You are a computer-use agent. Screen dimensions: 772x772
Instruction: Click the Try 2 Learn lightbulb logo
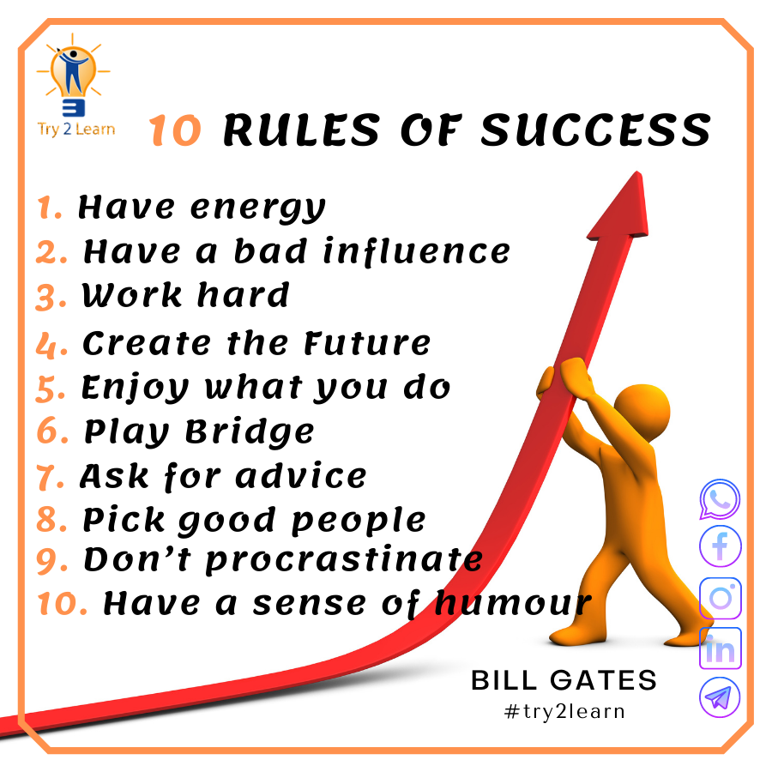pyautogui.click(x=75, y=81)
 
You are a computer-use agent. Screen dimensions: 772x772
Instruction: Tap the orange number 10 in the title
pyautogui.click(x=176, y=131)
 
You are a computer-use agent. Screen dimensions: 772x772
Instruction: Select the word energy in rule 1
pyautogui.click(x=257, y=208)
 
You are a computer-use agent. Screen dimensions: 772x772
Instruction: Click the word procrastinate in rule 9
pyautogui.click(x=344, y=560)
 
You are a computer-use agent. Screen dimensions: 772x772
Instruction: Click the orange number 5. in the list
pyautogui.click(x=50, y=389)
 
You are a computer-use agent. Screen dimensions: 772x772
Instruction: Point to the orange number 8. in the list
pyautogui.click(x=51, y=521)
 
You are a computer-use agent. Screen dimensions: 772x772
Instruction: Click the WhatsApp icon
pyautogui.click(x=719, y=499)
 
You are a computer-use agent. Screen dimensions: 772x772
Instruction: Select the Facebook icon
pyautogui.click(x=720, y=546)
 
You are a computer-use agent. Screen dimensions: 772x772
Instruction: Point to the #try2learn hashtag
pyautogui.click(x=564, y=711)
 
